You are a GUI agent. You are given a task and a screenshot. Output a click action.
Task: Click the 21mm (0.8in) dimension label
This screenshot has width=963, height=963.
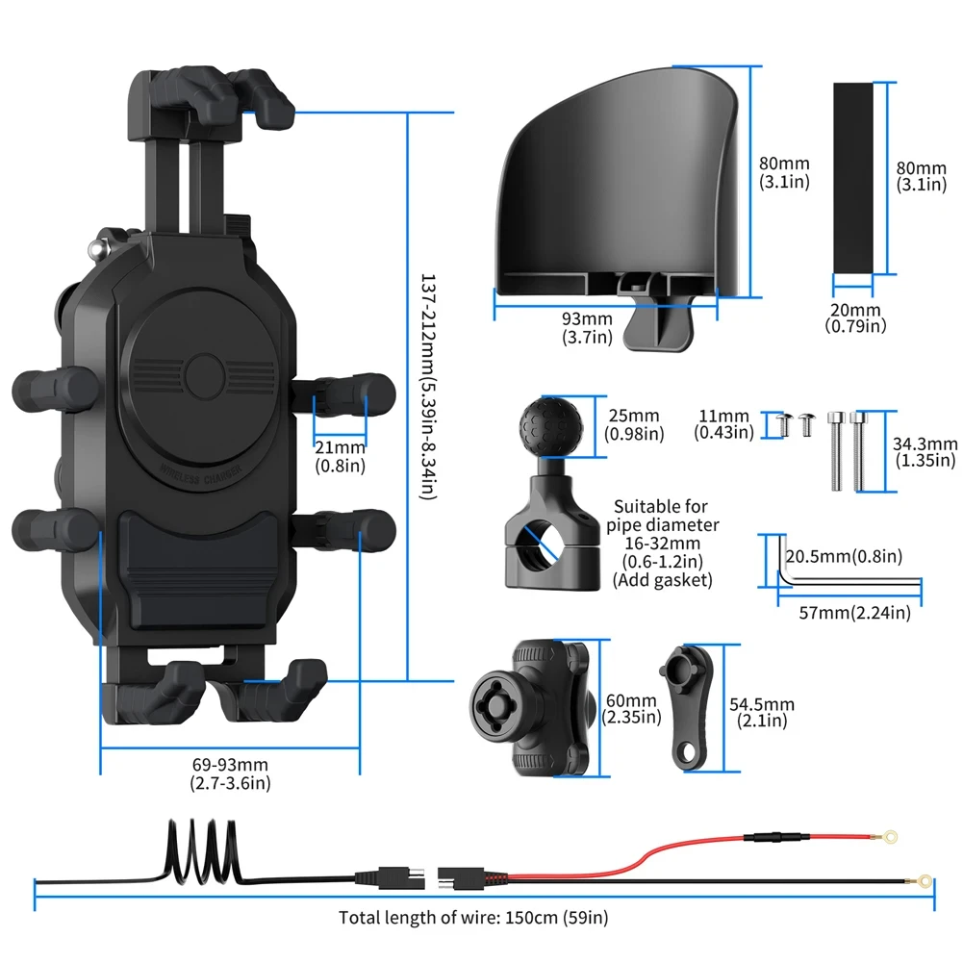[341, 456]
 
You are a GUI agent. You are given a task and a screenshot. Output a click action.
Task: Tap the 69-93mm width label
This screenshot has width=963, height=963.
[230, 773]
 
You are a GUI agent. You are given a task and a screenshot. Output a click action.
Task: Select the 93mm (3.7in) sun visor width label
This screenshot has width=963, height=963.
[587, 327]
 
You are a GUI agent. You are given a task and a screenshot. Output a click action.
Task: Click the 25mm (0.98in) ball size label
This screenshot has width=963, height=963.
[633, 424]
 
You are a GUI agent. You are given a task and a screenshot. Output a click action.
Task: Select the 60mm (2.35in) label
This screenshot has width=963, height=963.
[631, 709]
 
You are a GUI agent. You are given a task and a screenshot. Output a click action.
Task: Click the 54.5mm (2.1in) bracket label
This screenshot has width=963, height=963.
[765, 713]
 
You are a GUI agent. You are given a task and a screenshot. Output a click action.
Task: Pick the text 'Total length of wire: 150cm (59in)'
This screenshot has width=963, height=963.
[473, 918]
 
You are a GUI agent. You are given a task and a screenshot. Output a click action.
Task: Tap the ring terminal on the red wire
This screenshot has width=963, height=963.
[891, 837]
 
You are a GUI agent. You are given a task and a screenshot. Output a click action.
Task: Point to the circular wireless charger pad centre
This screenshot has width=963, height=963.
[203, 371]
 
